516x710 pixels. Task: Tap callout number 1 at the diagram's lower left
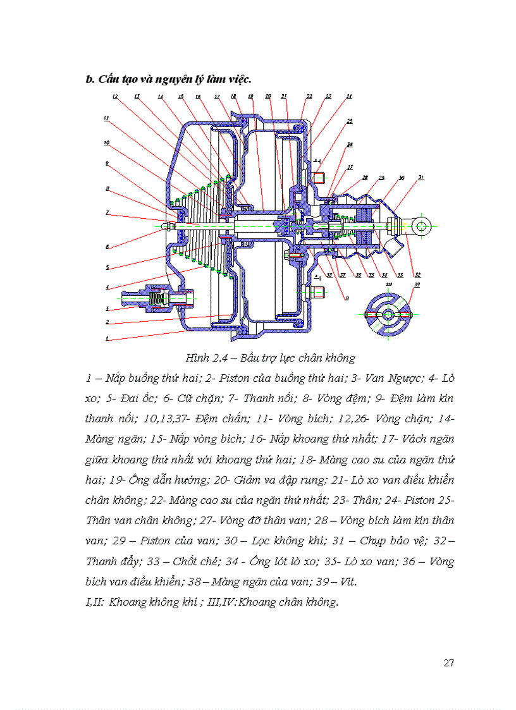pyautogui.click(x=107, y=339)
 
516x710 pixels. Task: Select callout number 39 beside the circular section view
pyautogui.click(x=416, y=285)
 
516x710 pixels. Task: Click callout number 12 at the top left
pyautogui.click(x=115, y=97)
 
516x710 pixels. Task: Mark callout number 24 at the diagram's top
pyautogui.click(x=348, y=97)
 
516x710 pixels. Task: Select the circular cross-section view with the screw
pyautogui.click(x=389, y=314)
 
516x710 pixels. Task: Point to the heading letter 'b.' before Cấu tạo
pyautogui.click(x=89, y=79)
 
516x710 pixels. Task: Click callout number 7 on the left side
pyautogui.click(x=107, y=212)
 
